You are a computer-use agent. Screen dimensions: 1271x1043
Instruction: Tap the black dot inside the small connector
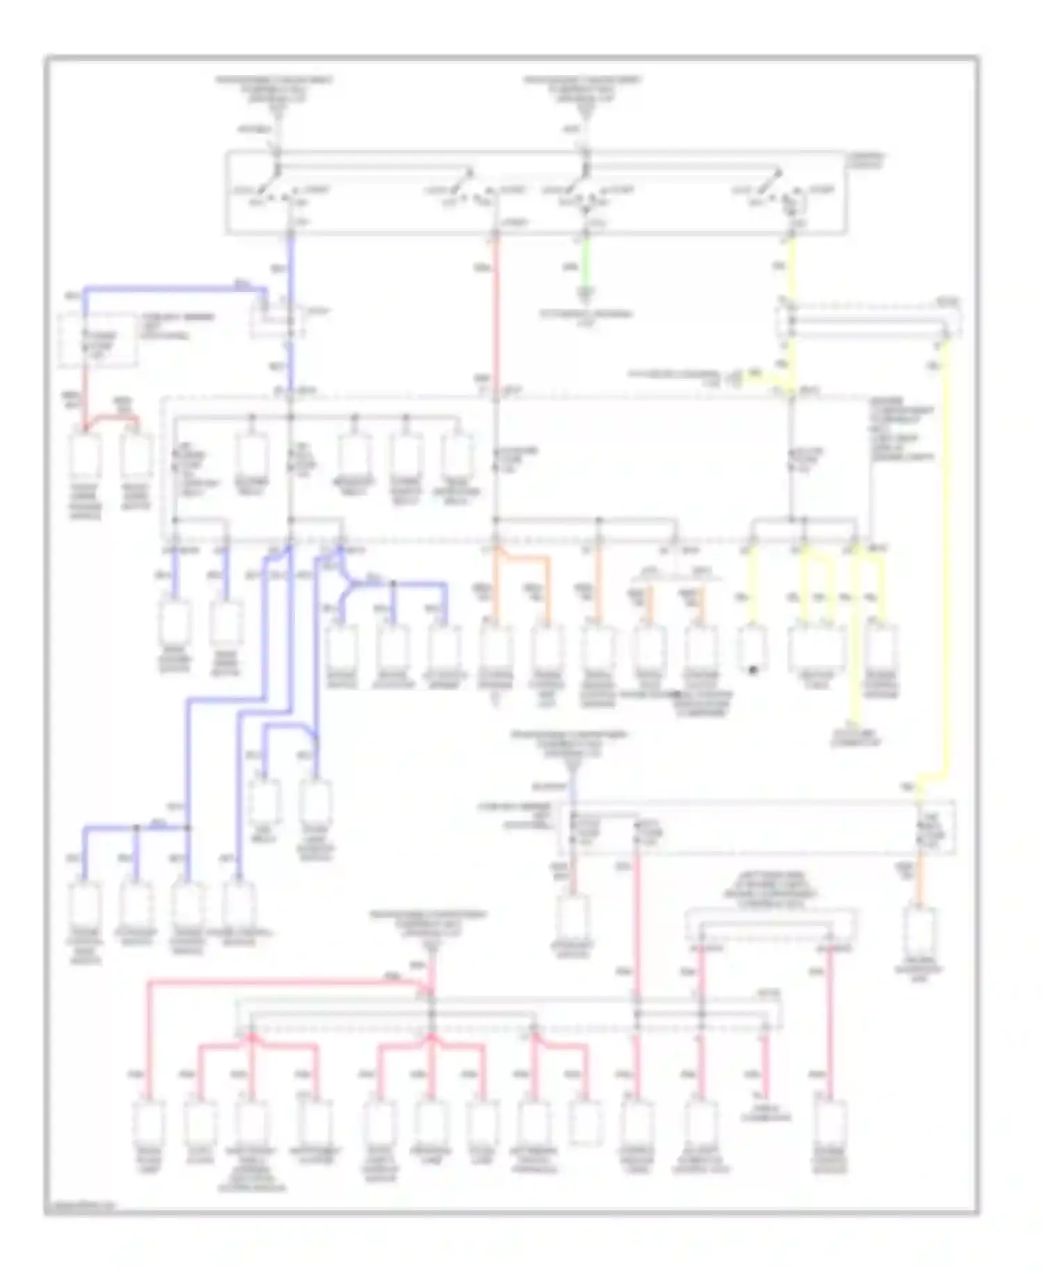point(752,670)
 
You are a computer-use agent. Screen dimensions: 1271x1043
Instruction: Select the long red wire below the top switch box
point(496,313)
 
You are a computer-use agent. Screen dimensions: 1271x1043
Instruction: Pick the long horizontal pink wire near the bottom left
point(278,982)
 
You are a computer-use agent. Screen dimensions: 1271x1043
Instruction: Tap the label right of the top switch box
point(866,161)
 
